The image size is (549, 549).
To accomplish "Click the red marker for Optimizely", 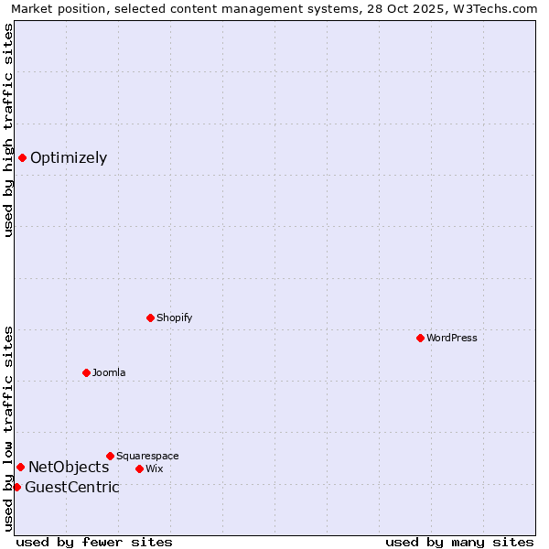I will (x=22, y=157).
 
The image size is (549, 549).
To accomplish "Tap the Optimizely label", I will (x=69, y=157).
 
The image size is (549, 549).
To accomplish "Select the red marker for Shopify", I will (x=150, y=318).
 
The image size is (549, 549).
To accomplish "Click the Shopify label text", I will (x=175, y=318).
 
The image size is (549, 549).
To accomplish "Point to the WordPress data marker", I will (x=420, y=338).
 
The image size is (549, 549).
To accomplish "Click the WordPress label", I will (x=452, y=338).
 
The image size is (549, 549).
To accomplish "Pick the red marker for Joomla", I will (x=86, y=372).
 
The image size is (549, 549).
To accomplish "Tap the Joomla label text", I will (x=109, y=372).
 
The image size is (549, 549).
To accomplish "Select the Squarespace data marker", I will (x=110, y=456).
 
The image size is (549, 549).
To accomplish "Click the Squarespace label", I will (x=147, y=456).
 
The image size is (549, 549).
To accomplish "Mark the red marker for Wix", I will (x=139, y=468).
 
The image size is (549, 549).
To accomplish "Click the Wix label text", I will (x=155, y=468).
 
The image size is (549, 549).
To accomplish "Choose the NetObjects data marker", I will (x=20, y=468).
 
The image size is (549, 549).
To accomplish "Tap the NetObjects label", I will (x=69, y=468).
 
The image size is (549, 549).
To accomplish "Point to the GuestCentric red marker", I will (x=16, y=487).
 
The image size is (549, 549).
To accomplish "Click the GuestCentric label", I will (x=72, y=487).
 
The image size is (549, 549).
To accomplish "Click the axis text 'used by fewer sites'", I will (x=94, y=542).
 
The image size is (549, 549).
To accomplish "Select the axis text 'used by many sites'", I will (x=459, y=542).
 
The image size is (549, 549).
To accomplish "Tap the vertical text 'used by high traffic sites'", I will (x=9, y=130).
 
